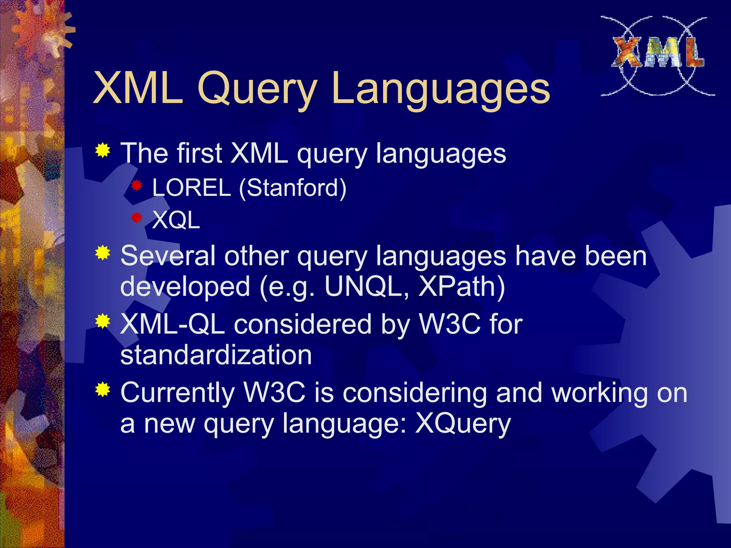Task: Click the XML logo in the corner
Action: coord(657,55)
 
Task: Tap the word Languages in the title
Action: coord(440,89)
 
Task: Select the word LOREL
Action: coord(191,188)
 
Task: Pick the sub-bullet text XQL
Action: coord(176,220)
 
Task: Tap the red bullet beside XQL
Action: coord(137,218)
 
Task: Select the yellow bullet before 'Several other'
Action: coord(103,253)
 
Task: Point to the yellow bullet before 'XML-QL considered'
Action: coord(103,321)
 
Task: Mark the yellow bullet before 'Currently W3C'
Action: coord(103,389)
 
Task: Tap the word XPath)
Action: coord(461,286)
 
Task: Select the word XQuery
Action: coord(463,424)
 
